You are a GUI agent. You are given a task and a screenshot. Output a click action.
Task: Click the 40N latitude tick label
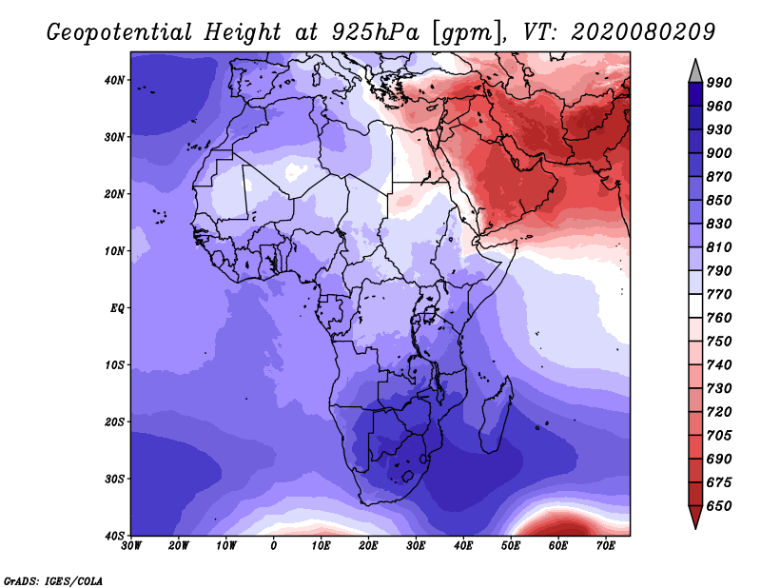point(114,80)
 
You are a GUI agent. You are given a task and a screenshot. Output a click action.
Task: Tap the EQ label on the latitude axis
point(117,308)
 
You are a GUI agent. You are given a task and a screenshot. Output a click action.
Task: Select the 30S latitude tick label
point(114,480)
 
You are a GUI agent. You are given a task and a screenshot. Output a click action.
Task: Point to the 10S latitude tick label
point(114,365)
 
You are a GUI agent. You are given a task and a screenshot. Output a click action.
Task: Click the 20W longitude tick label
point(178,546)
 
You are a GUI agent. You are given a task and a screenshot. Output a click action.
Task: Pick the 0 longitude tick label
point(273,546)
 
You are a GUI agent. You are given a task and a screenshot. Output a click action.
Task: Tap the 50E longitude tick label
point(511,546)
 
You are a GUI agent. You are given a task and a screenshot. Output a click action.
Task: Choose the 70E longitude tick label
point(605,546)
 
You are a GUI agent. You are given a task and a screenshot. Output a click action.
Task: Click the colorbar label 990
point(719,83)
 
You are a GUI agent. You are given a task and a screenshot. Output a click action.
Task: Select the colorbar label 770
point(719,294)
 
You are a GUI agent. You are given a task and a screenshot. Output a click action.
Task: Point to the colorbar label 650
point(719,506)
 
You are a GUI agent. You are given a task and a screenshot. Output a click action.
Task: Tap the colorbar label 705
point(719,436)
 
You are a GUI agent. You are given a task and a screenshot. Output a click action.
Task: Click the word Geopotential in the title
point(120,33)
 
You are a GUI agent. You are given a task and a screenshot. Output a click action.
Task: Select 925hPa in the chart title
point(375,32)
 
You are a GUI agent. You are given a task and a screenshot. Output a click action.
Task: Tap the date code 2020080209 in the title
point(643,31)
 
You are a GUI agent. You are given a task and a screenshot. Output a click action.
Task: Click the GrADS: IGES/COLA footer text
point(53,580)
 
